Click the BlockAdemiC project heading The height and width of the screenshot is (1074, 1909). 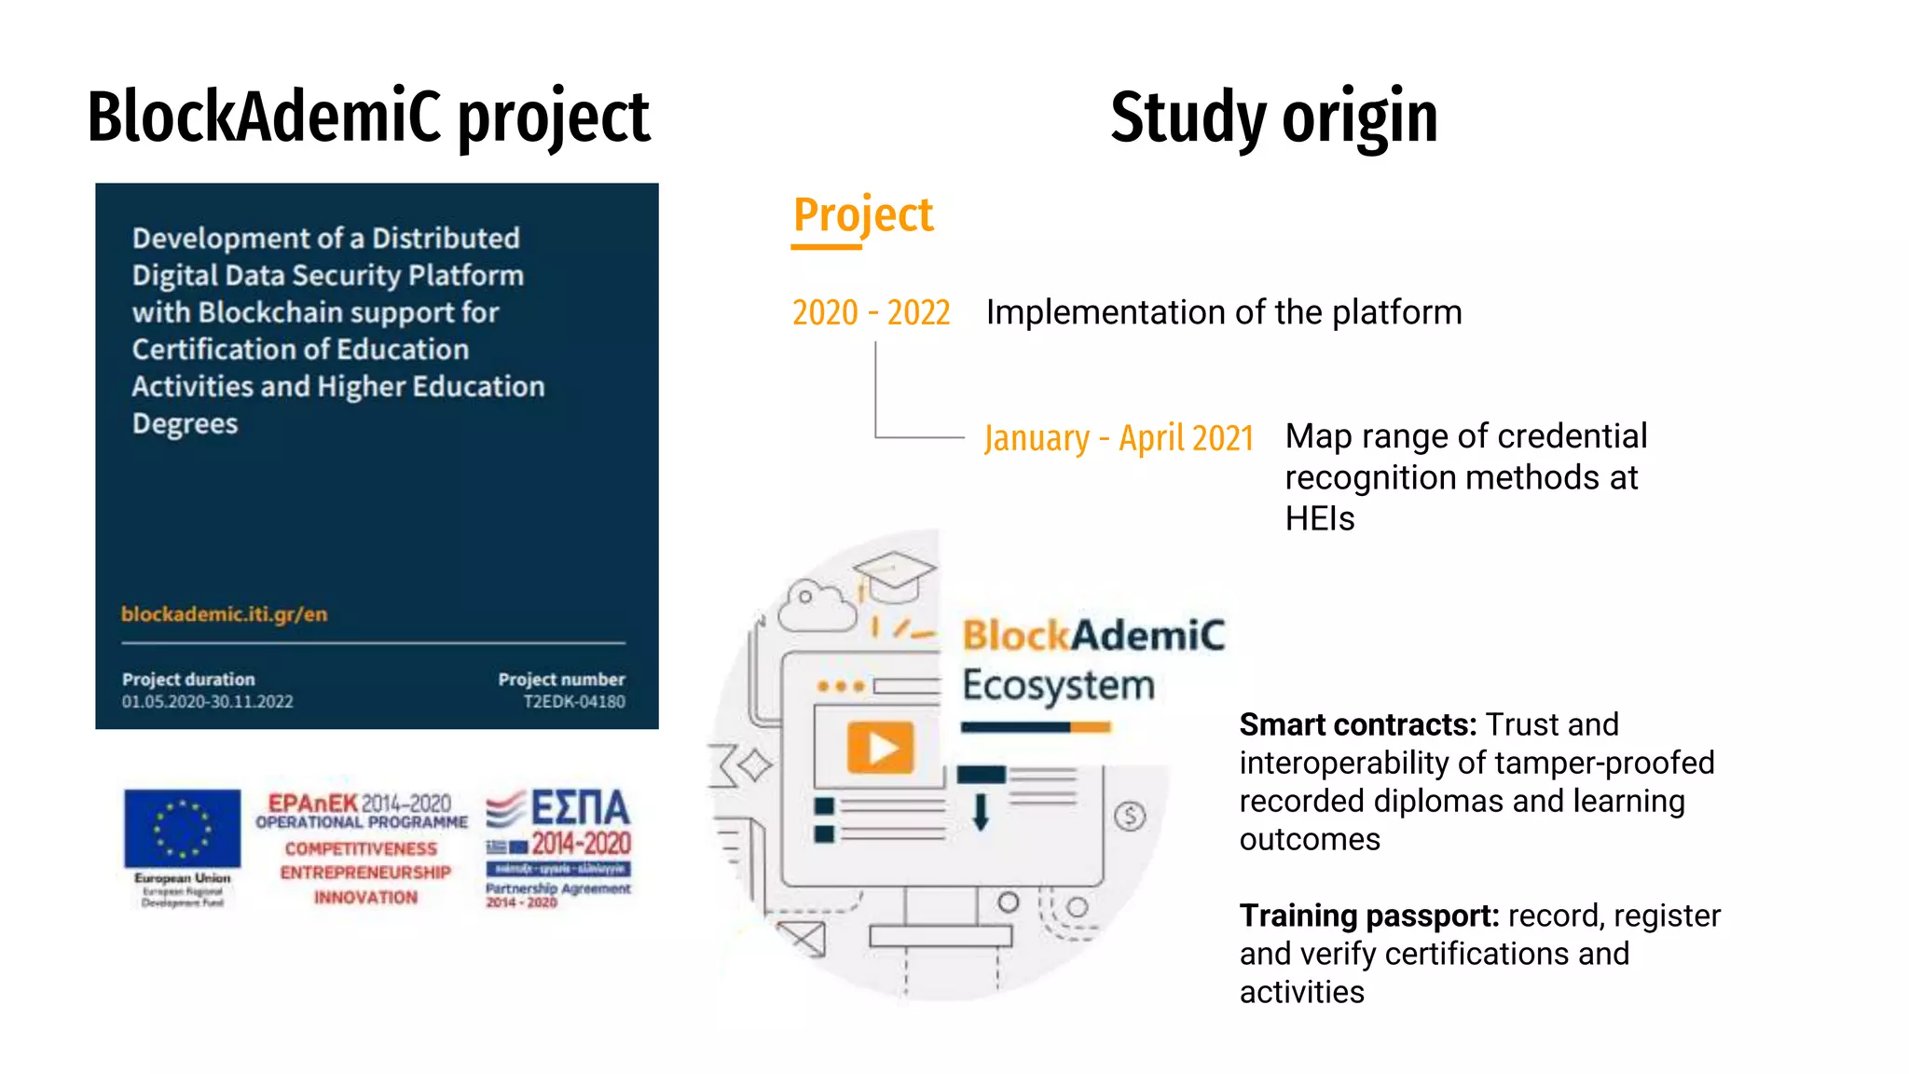[368, 117]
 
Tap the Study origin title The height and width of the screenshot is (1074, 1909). [1273, 117]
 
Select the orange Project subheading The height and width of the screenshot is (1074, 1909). [862, 215]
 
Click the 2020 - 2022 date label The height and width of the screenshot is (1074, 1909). [871, 312]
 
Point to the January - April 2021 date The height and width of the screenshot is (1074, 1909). [1119, 437]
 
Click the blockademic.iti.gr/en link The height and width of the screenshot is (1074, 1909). [224, 614]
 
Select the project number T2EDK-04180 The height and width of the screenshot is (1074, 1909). [573, 702]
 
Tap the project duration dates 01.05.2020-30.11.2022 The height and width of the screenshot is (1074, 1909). [207, 702]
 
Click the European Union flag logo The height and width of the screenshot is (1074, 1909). [182, 829]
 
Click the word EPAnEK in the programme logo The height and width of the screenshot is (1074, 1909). [312, 803]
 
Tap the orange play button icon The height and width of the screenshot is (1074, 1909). [879, 748]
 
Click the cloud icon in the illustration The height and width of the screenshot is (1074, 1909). [816, 606]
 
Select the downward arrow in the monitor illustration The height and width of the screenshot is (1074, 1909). [980, 811]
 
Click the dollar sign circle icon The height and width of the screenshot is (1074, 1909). [1130, 817]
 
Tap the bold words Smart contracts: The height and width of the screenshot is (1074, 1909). [1357, 724]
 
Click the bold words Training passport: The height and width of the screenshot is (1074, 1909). [1368, 916]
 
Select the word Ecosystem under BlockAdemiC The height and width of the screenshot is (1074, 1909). [1058, 685]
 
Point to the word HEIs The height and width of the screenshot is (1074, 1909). [1319, 518]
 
